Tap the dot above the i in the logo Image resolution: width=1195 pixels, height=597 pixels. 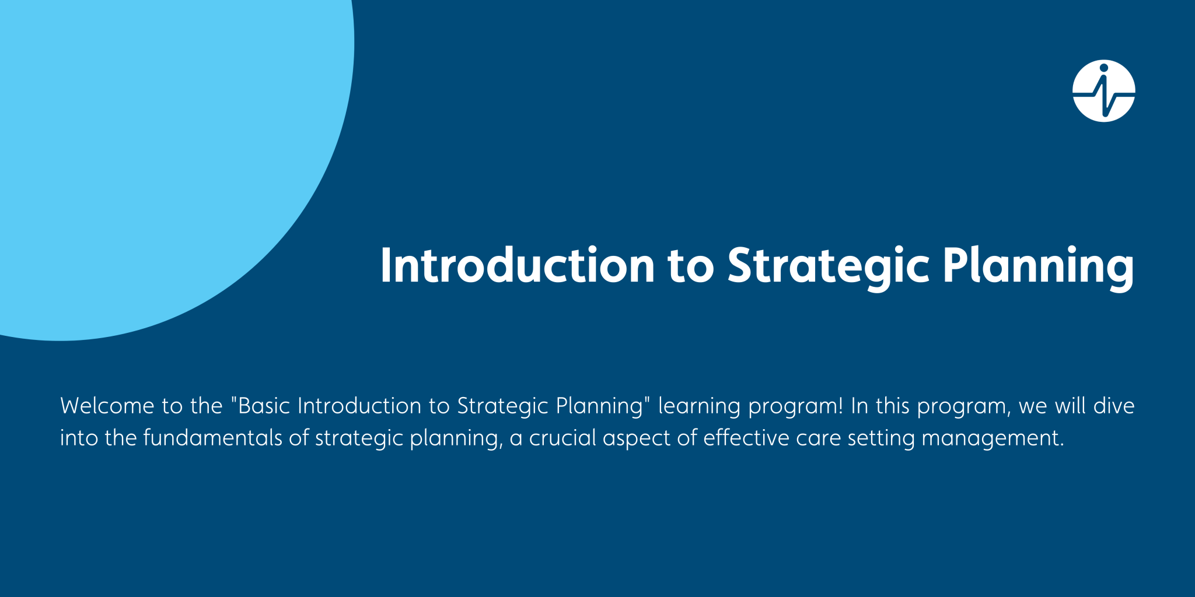[x=1103, y=68]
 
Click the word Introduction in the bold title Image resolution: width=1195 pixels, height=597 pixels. [x=517, y=266]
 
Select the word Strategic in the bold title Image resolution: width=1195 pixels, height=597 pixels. [x=828, y=266]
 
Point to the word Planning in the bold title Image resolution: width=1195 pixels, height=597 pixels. [x=1038, y=266]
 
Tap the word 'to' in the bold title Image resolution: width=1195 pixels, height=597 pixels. [x=691, y=266]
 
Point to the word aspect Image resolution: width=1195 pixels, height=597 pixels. [x=636, y=438]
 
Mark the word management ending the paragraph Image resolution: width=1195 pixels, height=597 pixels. [x=993, y=438]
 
